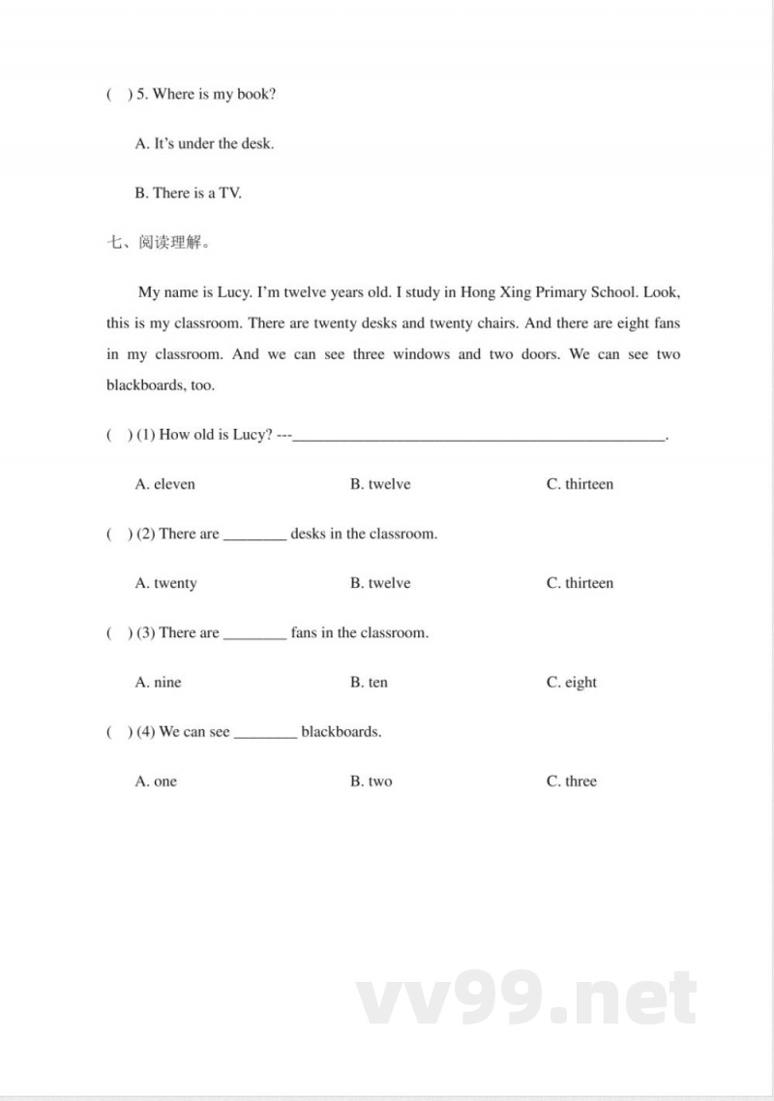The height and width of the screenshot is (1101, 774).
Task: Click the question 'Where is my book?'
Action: coord(214,94)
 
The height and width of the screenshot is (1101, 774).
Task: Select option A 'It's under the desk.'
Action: coord(204,143)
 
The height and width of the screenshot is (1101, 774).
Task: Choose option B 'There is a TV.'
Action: coord(188,193)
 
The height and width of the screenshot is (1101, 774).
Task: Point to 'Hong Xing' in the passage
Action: coord(492,292)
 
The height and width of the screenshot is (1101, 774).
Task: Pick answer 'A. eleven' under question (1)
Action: coord(164,484)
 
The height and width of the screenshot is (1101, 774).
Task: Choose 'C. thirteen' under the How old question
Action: coord(580,484)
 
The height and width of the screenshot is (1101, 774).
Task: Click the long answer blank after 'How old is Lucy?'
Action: coord(479,438)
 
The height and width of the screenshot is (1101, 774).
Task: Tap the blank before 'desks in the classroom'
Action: coord(254,536)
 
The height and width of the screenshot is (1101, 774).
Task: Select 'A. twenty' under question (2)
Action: coord(165,583)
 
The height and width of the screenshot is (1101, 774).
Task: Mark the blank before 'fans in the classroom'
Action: coord(254,635)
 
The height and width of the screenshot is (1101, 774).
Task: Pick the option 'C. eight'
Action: coord(572,683)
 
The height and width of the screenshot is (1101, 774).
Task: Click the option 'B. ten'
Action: coord(369,683)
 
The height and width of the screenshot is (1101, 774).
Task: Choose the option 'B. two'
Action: coord(371,781)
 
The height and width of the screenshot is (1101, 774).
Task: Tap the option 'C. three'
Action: coord(572,781)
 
